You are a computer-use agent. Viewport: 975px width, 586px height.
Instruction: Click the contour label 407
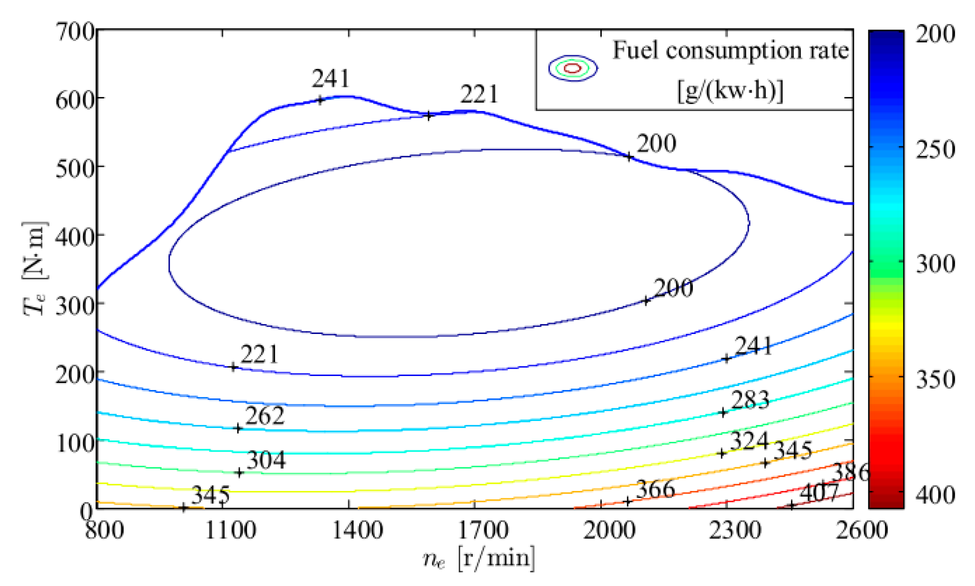point(819,493)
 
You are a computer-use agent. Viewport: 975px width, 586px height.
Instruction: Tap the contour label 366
point(655,489)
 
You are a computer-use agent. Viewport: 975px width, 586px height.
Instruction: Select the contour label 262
point(265,416)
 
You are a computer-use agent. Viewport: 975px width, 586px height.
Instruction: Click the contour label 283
point(750,400)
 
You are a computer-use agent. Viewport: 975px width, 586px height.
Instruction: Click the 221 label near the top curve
point(479,94)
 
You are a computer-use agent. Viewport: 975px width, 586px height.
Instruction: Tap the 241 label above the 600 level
point(331,78)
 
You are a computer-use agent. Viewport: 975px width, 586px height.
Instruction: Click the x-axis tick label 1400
point(357,530)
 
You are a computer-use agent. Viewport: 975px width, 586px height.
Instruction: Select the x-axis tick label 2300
point(735,530)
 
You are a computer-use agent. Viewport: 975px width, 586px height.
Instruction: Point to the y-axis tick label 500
point(75,168)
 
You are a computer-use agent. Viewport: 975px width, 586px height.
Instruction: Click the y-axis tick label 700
point(75,32)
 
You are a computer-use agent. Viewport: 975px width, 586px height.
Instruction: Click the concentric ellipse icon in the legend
point(573,68)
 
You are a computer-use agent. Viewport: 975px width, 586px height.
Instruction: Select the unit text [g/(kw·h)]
point(730,91)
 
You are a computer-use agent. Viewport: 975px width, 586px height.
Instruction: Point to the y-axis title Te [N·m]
point(35,267)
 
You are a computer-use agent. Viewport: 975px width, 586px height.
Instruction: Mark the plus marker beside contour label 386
point(849,479)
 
